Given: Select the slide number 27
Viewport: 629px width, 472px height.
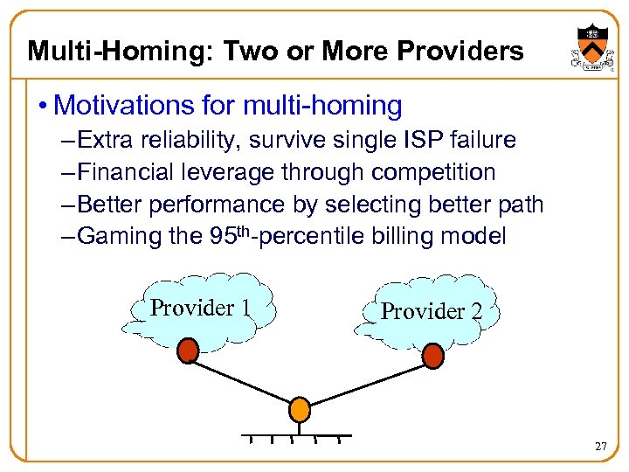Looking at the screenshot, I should tap(600, 447).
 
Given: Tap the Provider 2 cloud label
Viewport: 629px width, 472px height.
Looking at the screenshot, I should tap(431, 311).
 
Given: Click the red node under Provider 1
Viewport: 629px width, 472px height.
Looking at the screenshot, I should tap(188, 351).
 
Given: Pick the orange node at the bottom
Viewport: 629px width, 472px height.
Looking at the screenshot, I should tap(300, 408).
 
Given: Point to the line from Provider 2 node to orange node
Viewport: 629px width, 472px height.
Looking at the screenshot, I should tap(367, 382).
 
